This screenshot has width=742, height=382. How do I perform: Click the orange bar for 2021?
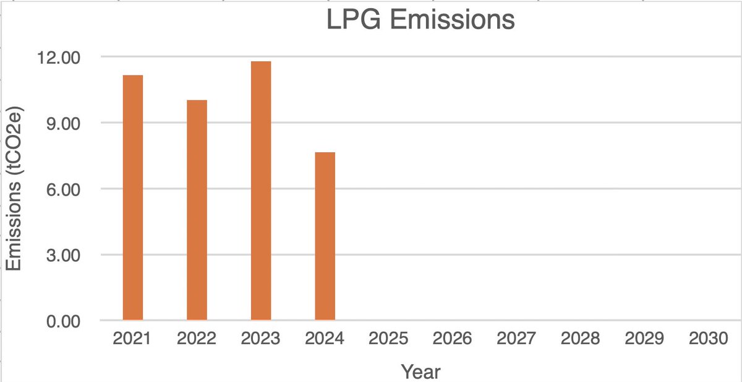tap(133, 198)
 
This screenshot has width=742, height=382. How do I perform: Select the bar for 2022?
tap(197, 210)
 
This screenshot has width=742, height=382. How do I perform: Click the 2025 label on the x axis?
tap(389, 340)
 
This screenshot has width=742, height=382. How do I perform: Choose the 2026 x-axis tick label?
tap(453, 340)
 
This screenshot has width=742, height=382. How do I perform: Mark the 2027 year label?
tap(517, 340)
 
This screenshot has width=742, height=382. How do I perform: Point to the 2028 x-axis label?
tap(581, 340)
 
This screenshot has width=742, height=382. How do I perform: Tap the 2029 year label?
tap(645, 340)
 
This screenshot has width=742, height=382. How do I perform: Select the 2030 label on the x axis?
tap(709, 340)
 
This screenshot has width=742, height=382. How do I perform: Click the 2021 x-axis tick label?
tap(133, 340)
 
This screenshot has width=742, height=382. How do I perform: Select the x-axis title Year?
tap(420, 371)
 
